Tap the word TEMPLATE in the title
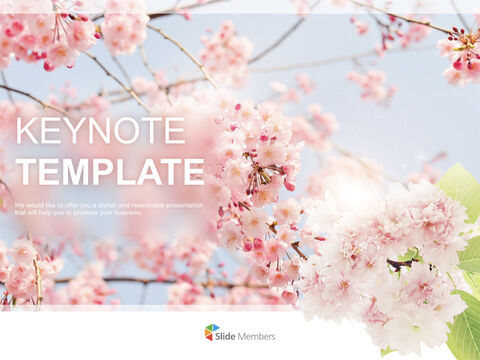coord(110,171)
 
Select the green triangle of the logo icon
coord(216,329)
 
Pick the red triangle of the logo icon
coord(210,338)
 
